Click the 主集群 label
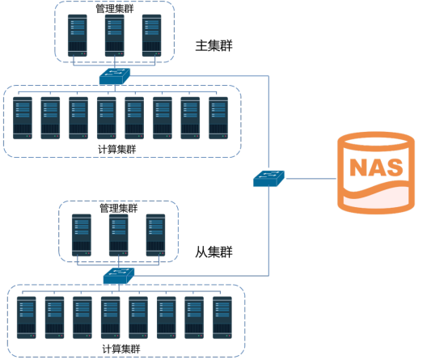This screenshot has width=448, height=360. click(213, 46)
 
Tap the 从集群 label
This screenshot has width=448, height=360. click(213, 252)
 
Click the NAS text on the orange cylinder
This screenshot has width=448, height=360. click(376, 167)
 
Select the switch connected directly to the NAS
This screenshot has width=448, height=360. click(268, 179)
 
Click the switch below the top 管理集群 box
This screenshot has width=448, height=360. click(115, 76)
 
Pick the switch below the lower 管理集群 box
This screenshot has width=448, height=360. click(119, 276)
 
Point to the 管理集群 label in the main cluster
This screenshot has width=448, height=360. click(115, 9)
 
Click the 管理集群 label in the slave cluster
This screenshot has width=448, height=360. click(119, 208)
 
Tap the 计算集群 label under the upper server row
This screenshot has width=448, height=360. click(117, 150)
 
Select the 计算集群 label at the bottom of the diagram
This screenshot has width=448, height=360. click(121, 349)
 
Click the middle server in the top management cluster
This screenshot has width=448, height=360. click(115, 36)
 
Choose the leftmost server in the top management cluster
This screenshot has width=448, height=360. click(78, 36)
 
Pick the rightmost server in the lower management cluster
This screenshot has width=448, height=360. click(156, 235)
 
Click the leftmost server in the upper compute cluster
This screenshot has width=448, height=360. click(23, 118)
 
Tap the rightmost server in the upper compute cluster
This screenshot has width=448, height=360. click(218, 118)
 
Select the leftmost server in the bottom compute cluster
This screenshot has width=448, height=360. click(27, 318)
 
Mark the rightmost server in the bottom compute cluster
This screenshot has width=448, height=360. click(222, 318)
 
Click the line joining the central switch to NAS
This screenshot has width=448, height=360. click(311, 179)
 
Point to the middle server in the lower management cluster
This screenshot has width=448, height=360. click(119, 235)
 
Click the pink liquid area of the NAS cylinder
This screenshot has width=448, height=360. click(376, 197)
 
